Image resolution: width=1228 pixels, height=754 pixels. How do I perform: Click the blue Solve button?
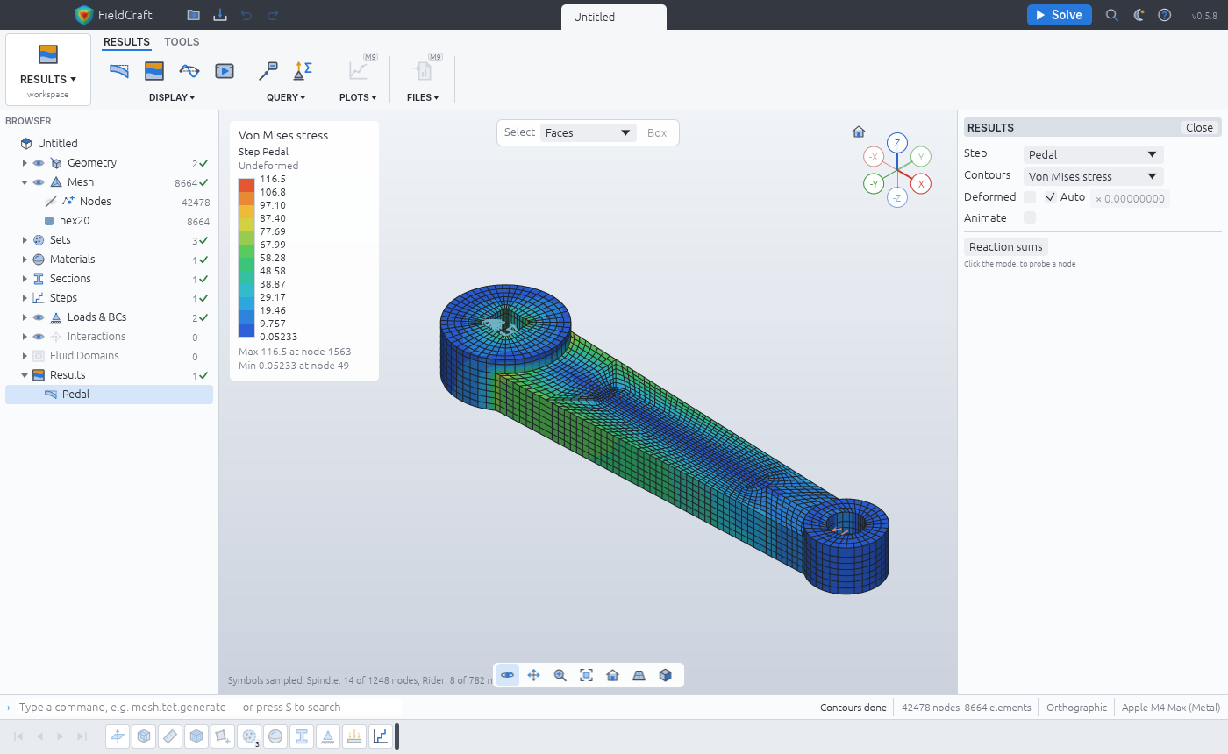point(1059,15)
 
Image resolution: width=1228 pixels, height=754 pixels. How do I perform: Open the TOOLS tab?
point(182,42)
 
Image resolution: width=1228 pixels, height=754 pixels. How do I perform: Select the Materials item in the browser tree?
point(72,260)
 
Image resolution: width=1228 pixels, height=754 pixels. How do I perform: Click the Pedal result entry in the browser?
point(75,394)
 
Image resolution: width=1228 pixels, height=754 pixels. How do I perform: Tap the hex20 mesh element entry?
point(75,220)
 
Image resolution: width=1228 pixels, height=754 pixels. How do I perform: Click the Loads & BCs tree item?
point(96,317)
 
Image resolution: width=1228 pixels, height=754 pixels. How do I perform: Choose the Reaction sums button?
point(1005,246)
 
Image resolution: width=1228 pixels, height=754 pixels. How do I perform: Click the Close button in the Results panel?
point(1199,128)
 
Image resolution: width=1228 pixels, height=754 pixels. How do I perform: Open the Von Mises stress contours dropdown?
point(1093,176)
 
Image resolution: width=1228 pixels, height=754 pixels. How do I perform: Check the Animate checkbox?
point(1030,217)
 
